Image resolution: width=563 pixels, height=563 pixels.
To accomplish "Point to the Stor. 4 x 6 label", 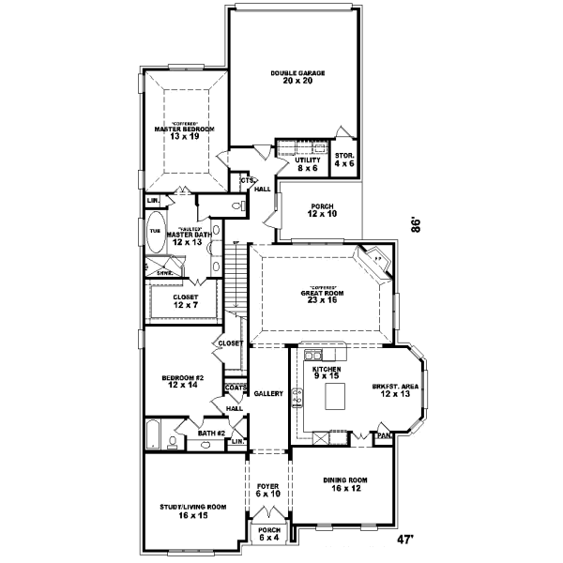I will click(345, 160).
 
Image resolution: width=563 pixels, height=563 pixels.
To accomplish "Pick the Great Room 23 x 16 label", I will click(322, 296).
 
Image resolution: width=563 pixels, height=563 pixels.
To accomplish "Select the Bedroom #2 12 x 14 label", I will click(185, 382).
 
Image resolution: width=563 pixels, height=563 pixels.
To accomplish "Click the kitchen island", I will click(335, 398).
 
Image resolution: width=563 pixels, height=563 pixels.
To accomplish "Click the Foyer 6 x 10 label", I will click(267, 491).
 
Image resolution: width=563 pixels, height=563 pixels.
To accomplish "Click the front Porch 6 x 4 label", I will click(268, 534).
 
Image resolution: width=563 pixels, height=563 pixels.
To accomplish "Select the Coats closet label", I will click(235, 388).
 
